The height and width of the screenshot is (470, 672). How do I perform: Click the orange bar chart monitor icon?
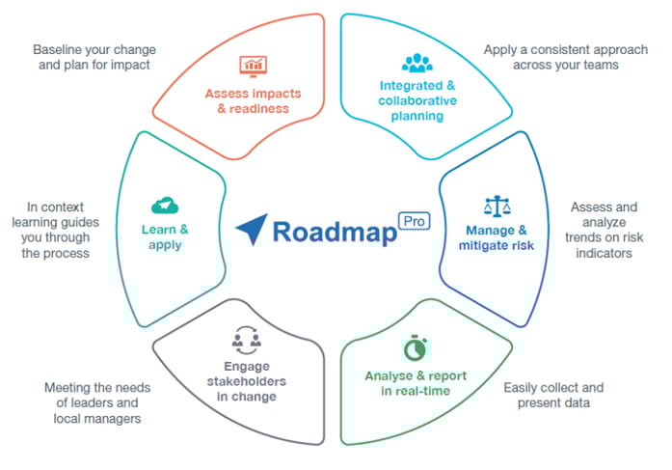(254, 66)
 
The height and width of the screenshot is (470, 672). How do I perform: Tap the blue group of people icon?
(417, 63)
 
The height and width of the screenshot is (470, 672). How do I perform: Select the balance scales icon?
(497, 207)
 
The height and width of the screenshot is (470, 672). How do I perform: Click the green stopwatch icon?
(416, 347)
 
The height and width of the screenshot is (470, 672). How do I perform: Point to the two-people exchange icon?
(247, 340)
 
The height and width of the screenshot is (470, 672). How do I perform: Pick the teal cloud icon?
(165, 206)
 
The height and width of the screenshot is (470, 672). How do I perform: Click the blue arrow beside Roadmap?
(252, 229)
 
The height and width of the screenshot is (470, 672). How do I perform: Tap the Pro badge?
(414, 221)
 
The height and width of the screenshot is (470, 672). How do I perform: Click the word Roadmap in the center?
(335, 232)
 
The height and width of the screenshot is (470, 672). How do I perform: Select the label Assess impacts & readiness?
(253, 100)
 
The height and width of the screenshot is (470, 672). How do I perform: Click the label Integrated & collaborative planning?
(417, 100)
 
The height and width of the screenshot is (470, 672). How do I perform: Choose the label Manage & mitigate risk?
(497, 237)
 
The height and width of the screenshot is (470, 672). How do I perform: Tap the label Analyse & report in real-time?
(416, 383)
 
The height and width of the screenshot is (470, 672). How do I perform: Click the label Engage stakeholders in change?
(247, 381)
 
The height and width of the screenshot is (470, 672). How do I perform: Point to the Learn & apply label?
(165, 237)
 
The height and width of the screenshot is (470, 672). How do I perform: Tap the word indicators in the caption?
(604, 253)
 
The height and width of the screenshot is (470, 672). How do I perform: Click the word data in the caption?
(577, 403)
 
